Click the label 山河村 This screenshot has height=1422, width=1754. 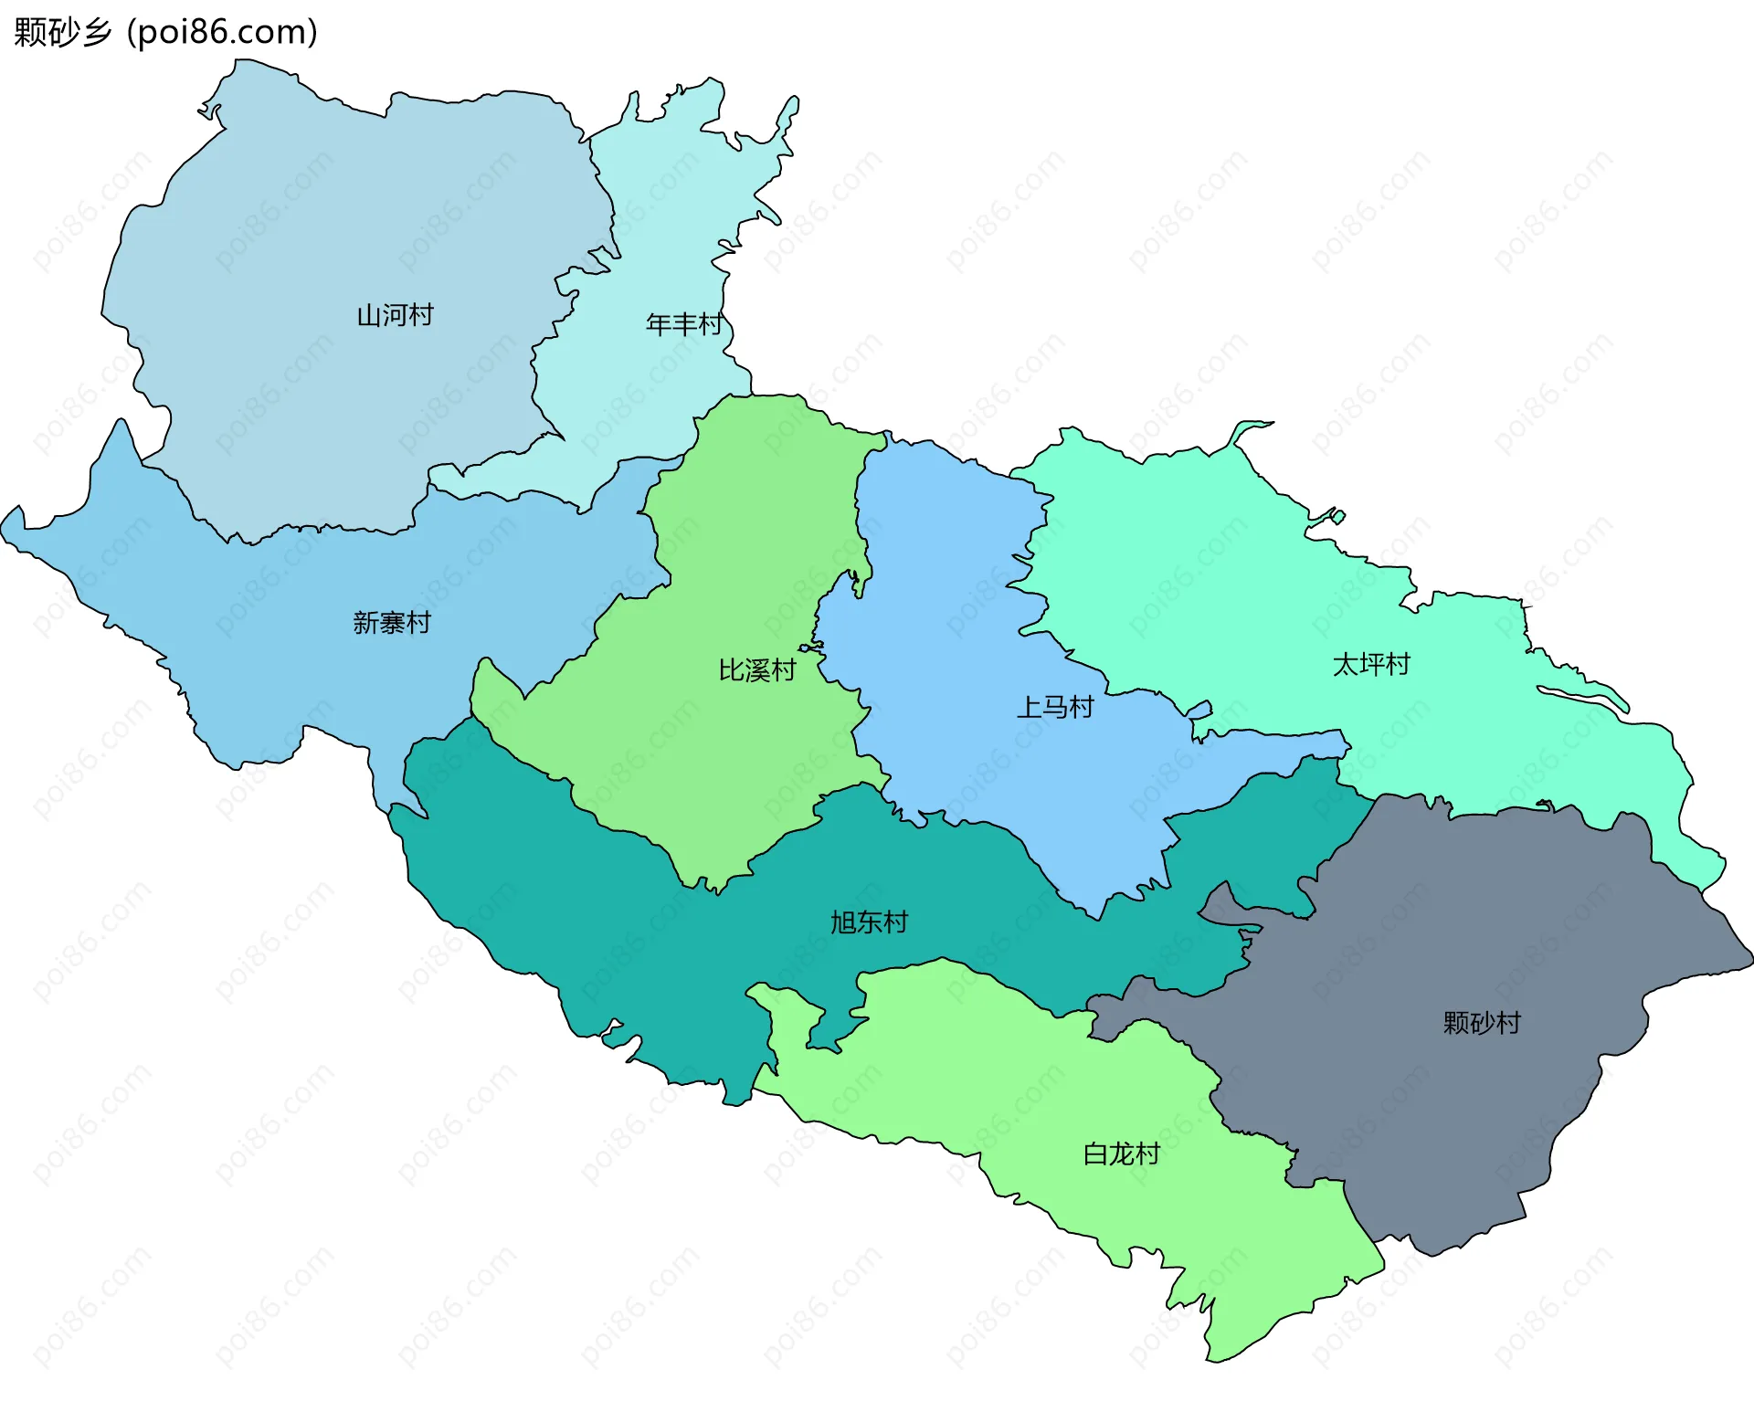pyautogui.click(x=395, y=316)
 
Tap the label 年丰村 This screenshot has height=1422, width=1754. pyautogui.click(x=683, y=324)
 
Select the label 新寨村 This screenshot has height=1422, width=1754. pyautogui.click(x=391, y=623)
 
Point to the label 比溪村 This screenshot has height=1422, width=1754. pyautogui.click(x=756, y=670)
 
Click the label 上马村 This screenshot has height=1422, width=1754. pyautogui.click(x=1055, y=707)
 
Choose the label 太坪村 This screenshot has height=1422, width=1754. pyautogui.click(x=1371, y=664)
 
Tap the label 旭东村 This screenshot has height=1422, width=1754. pyautogui.click(x=869, y=922)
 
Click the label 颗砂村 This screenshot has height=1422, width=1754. pyautogui.click(x=1482, y=1022)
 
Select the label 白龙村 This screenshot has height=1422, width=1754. pyautogui.click(x=1121, y=1154)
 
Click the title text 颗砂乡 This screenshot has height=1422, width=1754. pyautogui.click(x=62, y=32)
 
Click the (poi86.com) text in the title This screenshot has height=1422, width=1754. pyautogui.click(x=222, y=32)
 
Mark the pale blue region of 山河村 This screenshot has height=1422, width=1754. pyautogui.click(x=320, y=228)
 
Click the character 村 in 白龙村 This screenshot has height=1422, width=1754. pyautogui.click(x=1147, y=1154)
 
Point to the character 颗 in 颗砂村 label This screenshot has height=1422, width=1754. pyautogui.click(x=1456, y=1022)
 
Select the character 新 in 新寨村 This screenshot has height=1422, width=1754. pyautogui.click(x=365, y=623)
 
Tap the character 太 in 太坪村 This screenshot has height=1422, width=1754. pyautogui.click(x=1346, y=664)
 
